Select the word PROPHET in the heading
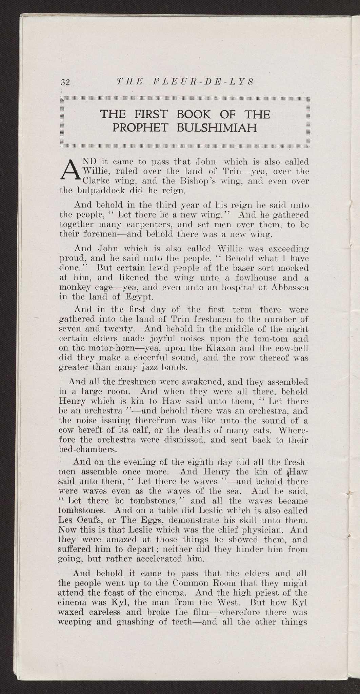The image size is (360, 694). click(142, 128)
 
